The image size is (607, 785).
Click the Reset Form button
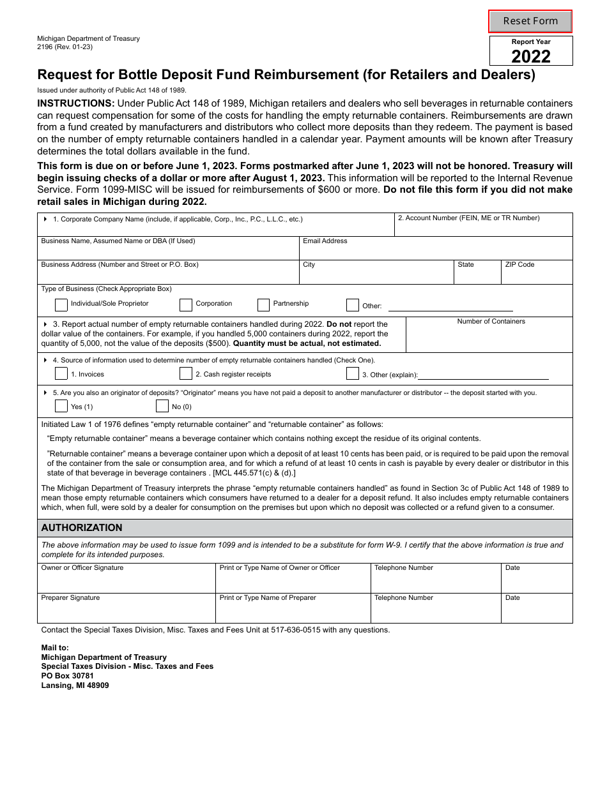click(530, 21)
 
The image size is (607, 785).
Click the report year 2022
click(531, 57)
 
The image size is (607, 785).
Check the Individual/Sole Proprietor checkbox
click(61, 304)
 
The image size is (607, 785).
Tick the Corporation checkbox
click(186, 304)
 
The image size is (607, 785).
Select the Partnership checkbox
click(263, 304)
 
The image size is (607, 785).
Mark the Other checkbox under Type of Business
click(352, 304)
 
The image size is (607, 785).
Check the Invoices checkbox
click(61, 373)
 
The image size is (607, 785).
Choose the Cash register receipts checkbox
click(186, 373)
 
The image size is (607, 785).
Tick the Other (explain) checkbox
click(352, 373)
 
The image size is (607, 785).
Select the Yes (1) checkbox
click(61, 406)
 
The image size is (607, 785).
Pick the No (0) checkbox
click(162, 406)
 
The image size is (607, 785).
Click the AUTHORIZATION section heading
click(82, 528)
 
